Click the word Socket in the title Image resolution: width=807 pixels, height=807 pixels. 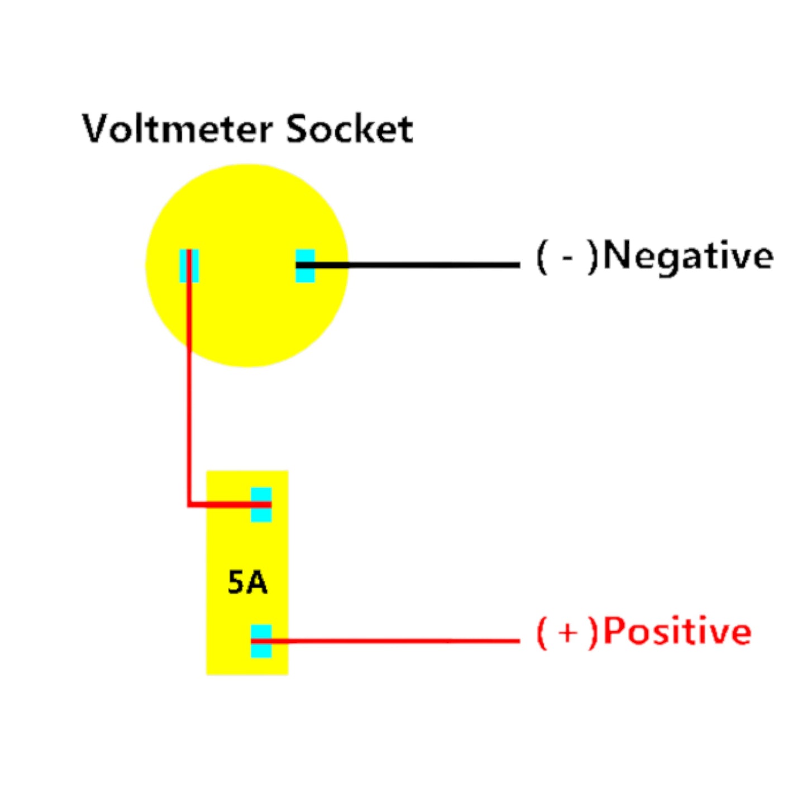(x=350, y=129)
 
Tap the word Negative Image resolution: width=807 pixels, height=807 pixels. (x=688, y=256)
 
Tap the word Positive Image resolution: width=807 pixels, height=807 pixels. (x=677, y=632)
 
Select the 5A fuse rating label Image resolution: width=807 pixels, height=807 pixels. (x=247, y=582)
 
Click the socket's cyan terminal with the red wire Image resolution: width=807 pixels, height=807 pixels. (x=189, y=265)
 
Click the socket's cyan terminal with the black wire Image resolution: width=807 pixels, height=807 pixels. (x=305, y=265)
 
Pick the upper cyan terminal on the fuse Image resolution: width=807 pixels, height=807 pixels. (x=261, y=504)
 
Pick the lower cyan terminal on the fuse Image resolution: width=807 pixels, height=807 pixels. (x=261, y=641)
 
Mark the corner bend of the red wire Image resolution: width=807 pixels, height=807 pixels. (x=189, y=504)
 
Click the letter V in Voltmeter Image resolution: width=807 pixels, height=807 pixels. (x=98, y=129)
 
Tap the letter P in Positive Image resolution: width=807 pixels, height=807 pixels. (x=614, y=632)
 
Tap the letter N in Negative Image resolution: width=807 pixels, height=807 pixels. (x=617, y=256)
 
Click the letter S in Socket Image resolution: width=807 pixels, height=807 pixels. (x=298, y=129)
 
